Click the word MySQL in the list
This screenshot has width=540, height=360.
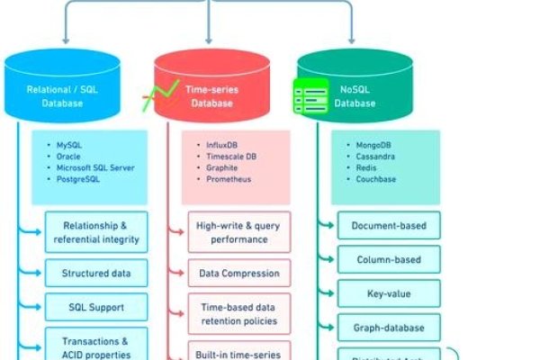tap(70, 144)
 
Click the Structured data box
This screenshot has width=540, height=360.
tap(96, 273)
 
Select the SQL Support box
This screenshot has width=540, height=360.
tap(96, 307)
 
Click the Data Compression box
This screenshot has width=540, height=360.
tap(238, 273)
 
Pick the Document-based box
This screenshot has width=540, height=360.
tap(389, 225)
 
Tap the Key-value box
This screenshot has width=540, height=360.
tap(389, 293)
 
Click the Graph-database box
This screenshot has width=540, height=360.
tap(389, 327)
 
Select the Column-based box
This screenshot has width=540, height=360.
tap(389, 259)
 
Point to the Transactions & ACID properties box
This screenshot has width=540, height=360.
tap(96, 346)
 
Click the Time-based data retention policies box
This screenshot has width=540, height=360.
tap(238, 313)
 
